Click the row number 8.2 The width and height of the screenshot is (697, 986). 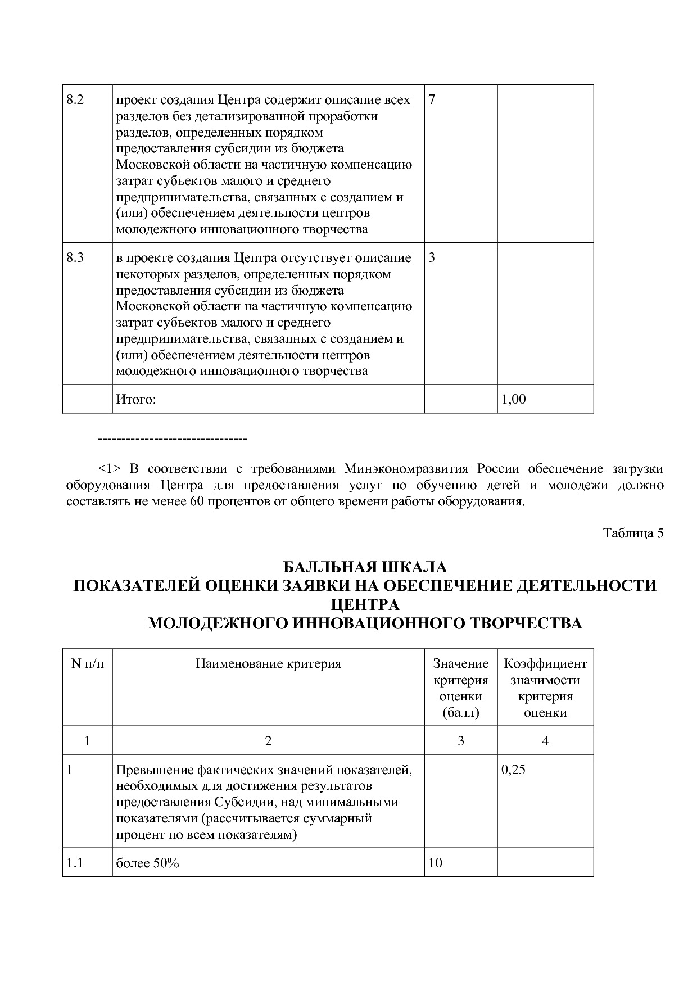click(75, 101)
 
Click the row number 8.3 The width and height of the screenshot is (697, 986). click(75, 259)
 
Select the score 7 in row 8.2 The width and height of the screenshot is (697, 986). click(432, 101)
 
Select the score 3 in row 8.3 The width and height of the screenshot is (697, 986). click(432, 259)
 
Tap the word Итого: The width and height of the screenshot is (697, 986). click(135, 400)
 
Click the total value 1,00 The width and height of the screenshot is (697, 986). click(514, 400)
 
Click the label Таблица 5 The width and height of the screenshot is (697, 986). click(633, 533)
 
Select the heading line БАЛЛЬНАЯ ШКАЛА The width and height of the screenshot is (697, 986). click(364, 567)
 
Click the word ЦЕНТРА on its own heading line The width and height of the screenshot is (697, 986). click(364, 605)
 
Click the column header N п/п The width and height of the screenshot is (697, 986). click(88, 664)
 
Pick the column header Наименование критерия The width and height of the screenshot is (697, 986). click(268, 664)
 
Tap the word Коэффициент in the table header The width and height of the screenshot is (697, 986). click(545, 664)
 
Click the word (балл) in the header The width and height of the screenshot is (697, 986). click(460, 713)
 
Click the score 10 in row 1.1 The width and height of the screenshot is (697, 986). click(435, 863)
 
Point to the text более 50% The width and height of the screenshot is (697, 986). click(147, 863)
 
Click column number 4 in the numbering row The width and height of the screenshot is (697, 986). click(545, 741)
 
